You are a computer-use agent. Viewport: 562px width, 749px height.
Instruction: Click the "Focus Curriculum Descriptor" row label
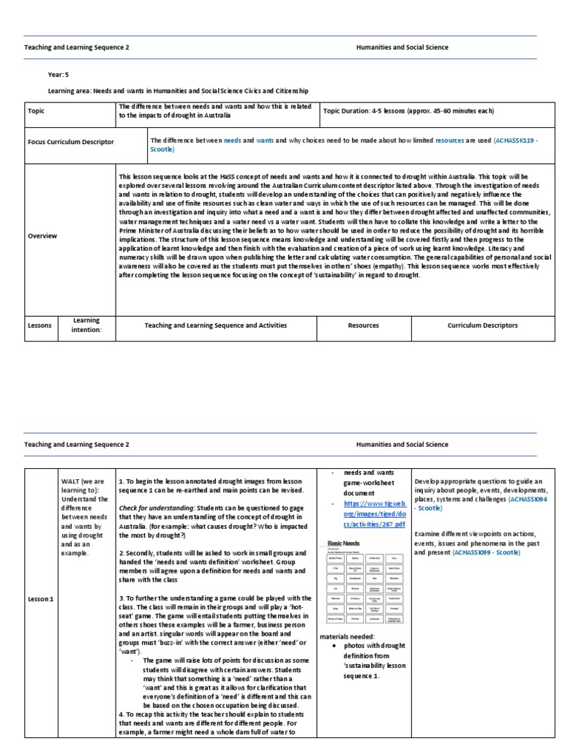(70, 142)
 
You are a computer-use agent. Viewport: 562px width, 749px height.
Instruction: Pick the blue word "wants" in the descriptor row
(265, 139)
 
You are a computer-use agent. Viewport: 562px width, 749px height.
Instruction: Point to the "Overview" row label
(42, 236)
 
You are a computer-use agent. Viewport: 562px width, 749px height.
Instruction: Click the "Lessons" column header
(40, 325)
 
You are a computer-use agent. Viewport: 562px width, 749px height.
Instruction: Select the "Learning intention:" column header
(86, 325)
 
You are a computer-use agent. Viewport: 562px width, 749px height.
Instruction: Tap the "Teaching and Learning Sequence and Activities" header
(216, 325)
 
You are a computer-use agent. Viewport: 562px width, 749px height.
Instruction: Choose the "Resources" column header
(363, 325)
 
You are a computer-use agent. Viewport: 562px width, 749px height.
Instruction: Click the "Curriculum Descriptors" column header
(482, 325)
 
